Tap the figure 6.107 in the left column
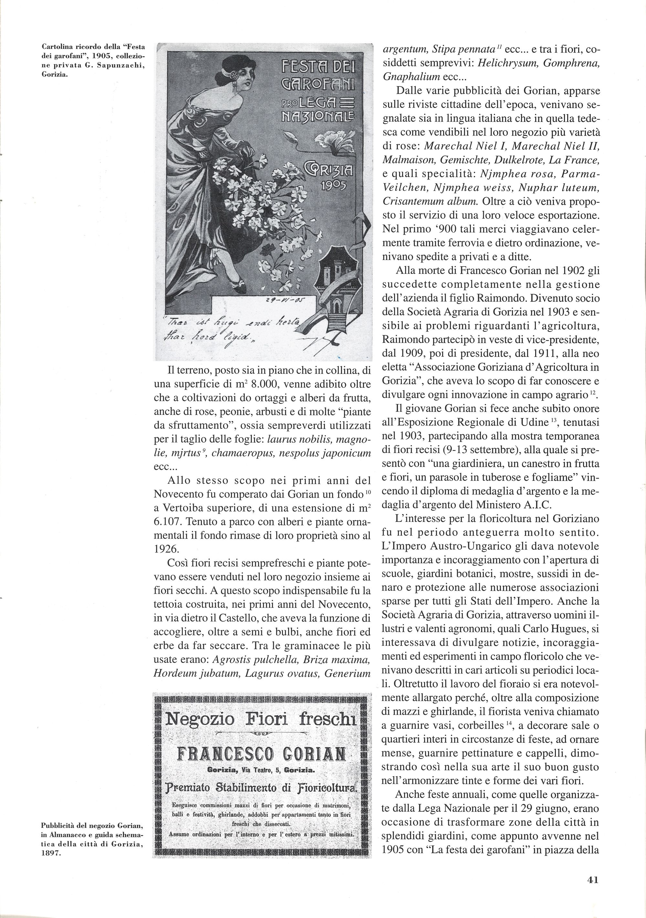pyautogui.click(x=168, y=522)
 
